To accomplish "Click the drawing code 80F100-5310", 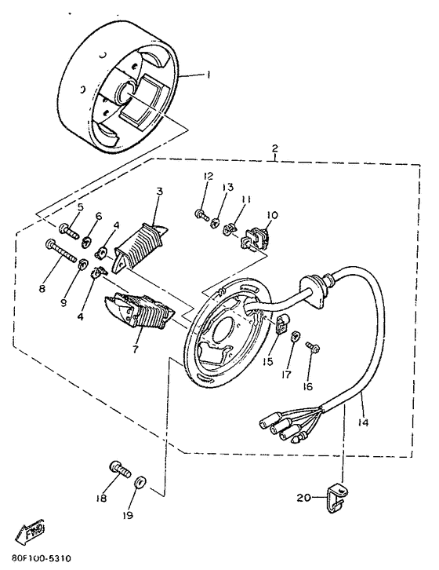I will pos(37,562).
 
